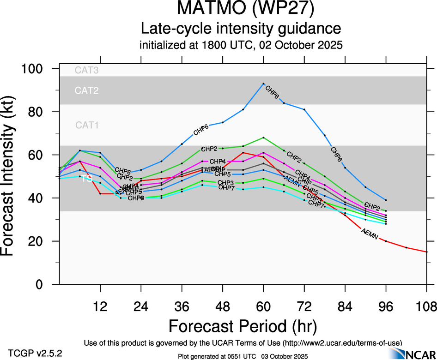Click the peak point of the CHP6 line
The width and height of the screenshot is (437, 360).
point(263,84)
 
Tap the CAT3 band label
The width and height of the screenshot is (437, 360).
point(87,71)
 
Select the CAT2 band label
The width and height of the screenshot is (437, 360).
point(87,90)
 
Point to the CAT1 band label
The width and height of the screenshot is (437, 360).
point(87,125)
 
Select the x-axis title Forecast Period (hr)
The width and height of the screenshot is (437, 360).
point(243,326)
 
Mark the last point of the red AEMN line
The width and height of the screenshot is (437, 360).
point(426,252)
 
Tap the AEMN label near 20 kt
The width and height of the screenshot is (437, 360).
point(370,234)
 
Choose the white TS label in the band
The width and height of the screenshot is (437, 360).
point(86,179)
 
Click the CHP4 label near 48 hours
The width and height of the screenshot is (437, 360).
point(218,162)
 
